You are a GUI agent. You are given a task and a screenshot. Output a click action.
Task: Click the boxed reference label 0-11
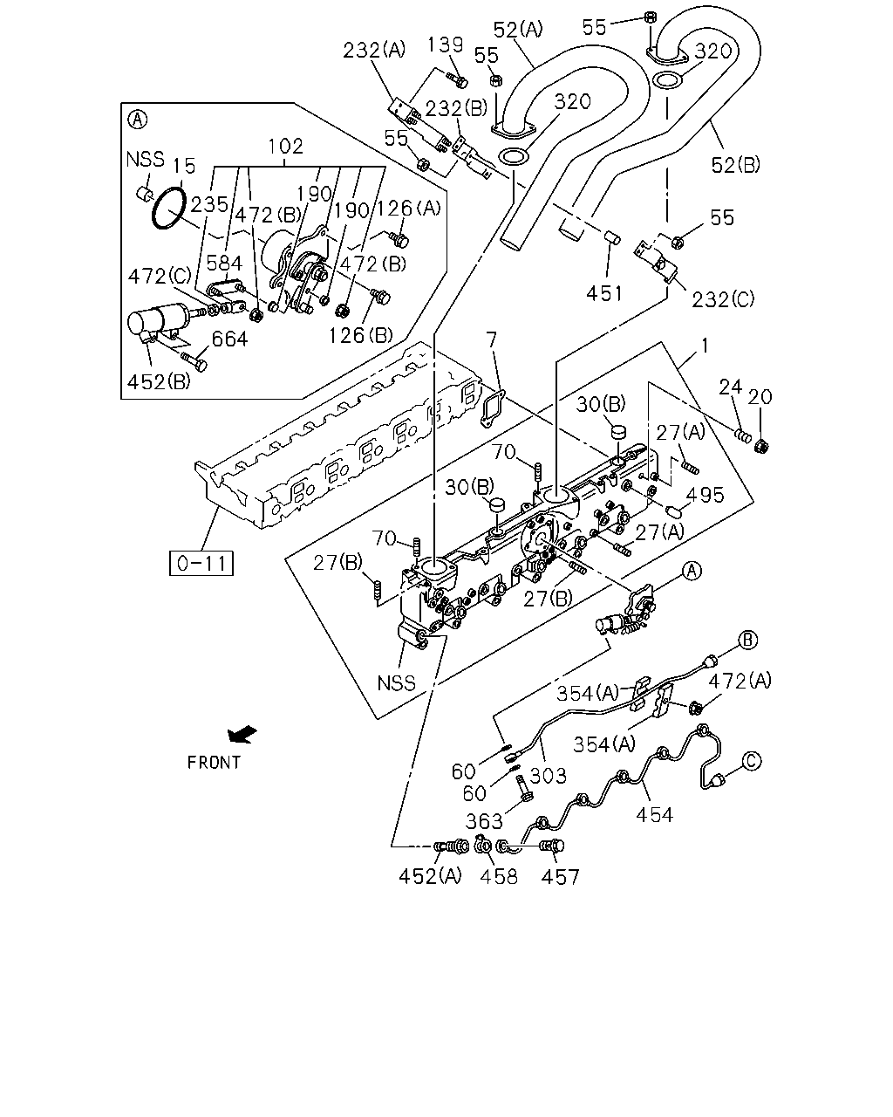coord(201,563)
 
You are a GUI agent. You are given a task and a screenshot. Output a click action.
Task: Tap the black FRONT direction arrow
coord(242,734)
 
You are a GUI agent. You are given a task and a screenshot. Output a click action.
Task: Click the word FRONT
coord(214,763)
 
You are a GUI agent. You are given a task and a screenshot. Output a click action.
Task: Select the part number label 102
coord(285,147)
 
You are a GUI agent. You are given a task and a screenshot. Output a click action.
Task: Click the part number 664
coord(229,339)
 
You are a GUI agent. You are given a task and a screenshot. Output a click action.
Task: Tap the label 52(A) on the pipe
coord(517,30)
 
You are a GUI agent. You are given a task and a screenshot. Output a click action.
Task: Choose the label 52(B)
coord(735,165)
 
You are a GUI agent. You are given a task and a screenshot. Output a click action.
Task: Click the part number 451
coord(604,294)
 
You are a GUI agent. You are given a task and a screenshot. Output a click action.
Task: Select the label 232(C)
coord(723,299)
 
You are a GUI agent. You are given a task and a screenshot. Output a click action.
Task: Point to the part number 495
coord(706,495)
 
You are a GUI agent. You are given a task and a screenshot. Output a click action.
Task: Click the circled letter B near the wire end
coord(747,640)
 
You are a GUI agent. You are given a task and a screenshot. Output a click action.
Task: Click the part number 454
coord(654,815)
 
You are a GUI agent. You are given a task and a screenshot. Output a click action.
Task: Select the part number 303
coord(548,776)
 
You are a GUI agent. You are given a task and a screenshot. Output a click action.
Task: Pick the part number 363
coord(484,821)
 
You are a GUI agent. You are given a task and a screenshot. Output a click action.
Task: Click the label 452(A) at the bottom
coord(430,876)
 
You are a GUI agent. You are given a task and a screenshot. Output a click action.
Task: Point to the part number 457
coord(560,877)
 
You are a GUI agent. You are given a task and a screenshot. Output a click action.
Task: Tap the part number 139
coord(446,45)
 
